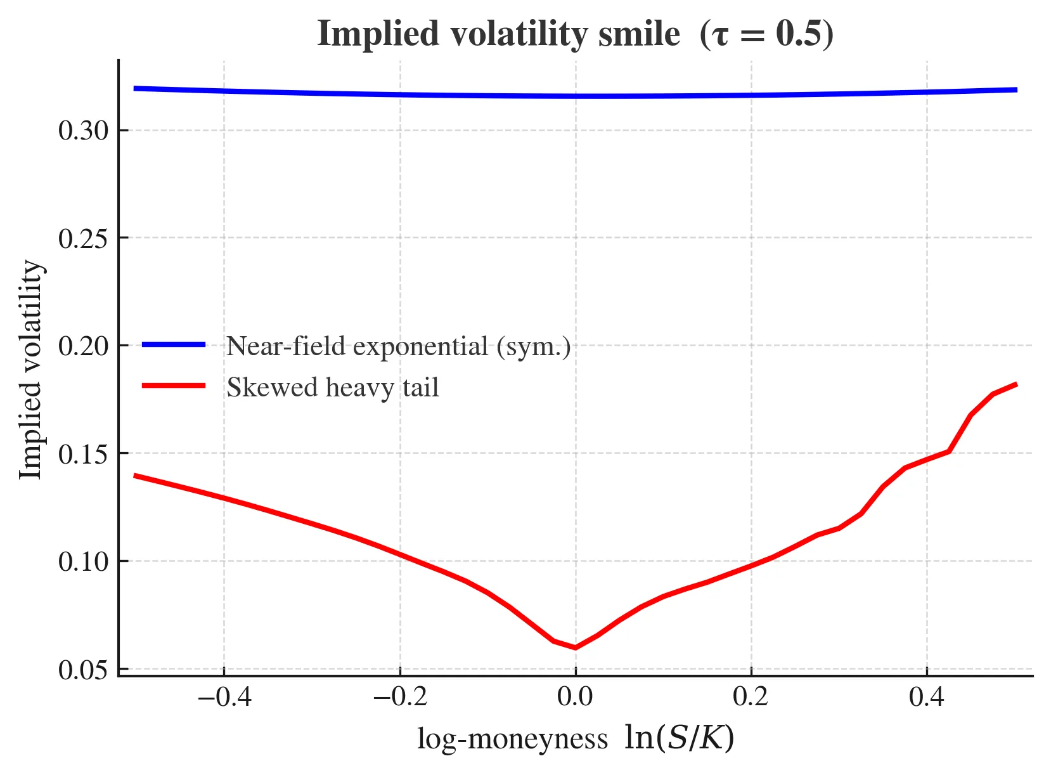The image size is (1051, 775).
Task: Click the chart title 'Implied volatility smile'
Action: [x=498, y=34]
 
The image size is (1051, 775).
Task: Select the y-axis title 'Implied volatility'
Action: [x=30, y=370]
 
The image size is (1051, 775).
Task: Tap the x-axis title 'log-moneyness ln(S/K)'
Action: [x=575, y=739]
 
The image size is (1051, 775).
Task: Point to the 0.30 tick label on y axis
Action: [x=84, y=131]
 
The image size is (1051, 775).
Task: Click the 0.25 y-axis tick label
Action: [x=84, y=238]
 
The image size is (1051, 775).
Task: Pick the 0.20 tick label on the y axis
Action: [x=84, y=346]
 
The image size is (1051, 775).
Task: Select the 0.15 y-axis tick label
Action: [x=84, y=454]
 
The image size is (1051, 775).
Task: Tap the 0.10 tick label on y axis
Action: [x=84, y=562]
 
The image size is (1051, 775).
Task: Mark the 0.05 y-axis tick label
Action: [x=84, y=670]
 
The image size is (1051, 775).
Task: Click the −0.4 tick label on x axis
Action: [x=224, y=698]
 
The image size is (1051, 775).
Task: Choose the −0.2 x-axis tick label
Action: [x=399, y=698]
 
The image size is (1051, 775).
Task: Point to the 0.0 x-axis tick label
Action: [x=575, y=698]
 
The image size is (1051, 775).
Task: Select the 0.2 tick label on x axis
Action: [x=751, y=698]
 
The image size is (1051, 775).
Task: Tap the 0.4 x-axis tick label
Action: [x=927, y=698]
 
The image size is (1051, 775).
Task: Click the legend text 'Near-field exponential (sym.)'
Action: [x=399, y=346]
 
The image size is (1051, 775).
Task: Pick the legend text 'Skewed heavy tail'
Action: [x=333, y=387]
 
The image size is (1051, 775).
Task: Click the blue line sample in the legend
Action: [x=174, y=344]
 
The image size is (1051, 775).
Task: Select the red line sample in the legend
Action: [x=174, y=386]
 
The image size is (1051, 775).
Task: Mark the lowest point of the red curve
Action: [x=575, y=648]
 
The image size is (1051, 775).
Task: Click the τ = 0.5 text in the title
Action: [x=767, y=34]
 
